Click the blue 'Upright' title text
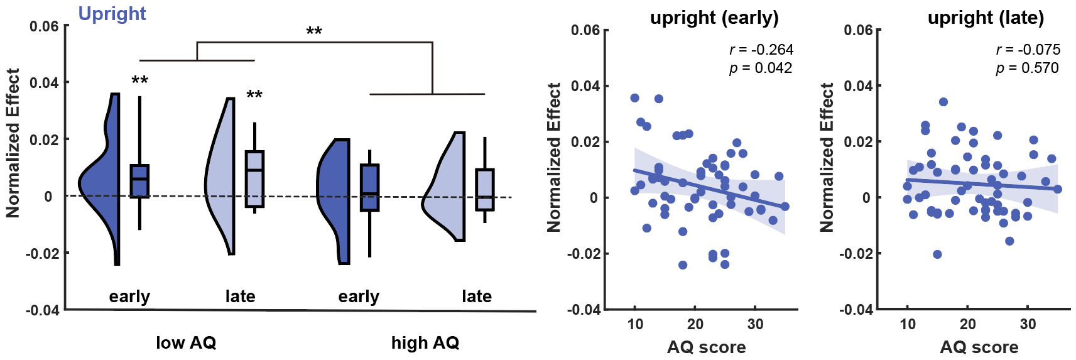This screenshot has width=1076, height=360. pyautogui.click(x=112, y=14)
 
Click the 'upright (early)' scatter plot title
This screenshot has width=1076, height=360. pyautogui.click(x=714, y=18)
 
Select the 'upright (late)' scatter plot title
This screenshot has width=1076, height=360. pyautogui.click(x=986, y=18)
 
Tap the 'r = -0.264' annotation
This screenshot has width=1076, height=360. pyautogui.click(x=761, y=50)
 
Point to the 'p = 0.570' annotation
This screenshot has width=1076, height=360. pyautogui.click(x=1027, y=68)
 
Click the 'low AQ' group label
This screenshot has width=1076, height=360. pyautogui.click(x=186, y=342)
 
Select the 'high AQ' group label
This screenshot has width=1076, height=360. pyautogui.click(x=425, y=342)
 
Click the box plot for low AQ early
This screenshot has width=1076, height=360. pyautogui.click(x=139, y=181)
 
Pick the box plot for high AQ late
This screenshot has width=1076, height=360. pyautogui.click(x=485, y=190)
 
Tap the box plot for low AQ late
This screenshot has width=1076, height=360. pyautogui.click(x=254, y=178)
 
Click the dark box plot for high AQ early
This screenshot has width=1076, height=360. pyautogui.click(x=369, y=187)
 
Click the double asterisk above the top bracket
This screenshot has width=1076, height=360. pyautogui.click(x=314, y=31)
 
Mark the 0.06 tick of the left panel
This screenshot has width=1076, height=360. pyautogui.click(x=44, y=26)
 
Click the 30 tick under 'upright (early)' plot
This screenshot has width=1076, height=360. pyautogui.click(x=755, y=324)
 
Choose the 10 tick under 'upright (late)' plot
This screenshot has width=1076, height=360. pyautogui.click(x=908, y=324)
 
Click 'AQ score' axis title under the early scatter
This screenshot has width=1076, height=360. pyautogui.click(x=706, y=347)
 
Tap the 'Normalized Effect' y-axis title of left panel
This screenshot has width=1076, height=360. pyautogui.click(x=13, y=143)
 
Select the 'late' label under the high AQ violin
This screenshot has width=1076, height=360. pyautogui.click(x=477, y=296)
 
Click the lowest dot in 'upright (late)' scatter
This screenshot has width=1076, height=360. pyautogui.click(x=937, y=254)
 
